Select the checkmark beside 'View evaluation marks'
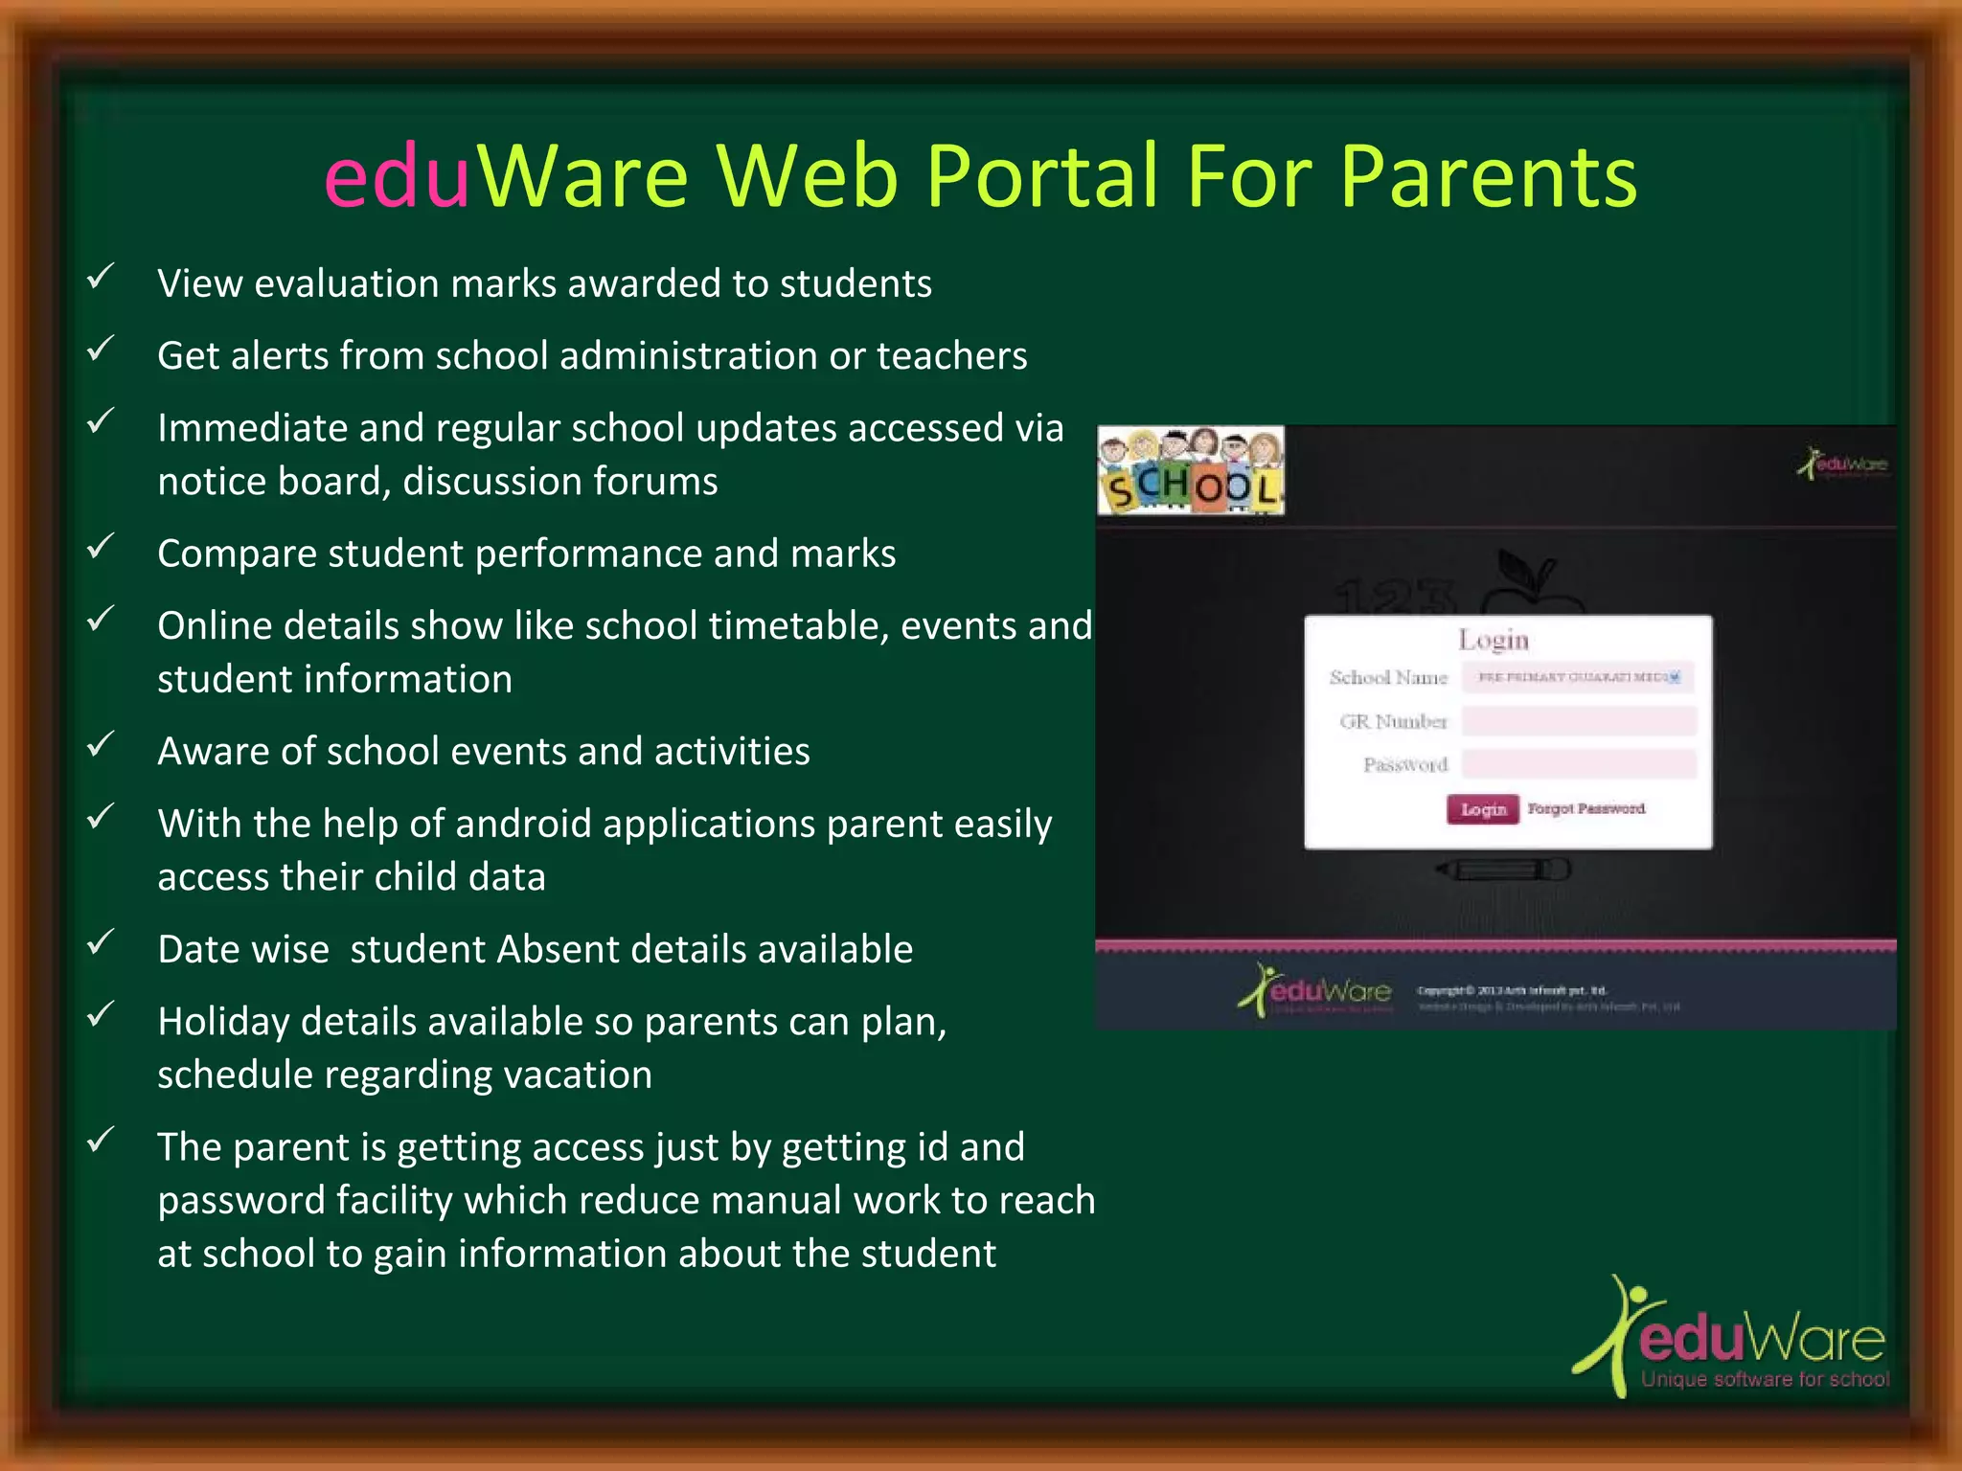[x=100, y=278]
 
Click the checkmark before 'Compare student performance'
[x=100, y=548]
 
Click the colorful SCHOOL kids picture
[x=1191, y=471]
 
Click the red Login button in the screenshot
[x=1482, y=809]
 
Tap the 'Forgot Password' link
[x=1586, y=809]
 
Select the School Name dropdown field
[x=1579, y=677]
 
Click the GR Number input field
[x=1579, y=721]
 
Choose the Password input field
[x=1579, y=764]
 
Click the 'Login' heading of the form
[x=1494, y=639]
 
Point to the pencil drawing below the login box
[x=1504, y=870]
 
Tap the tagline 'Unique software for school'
[x=1765, y=1380]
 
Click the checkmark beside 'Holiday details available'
[x=100, y=1015]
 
